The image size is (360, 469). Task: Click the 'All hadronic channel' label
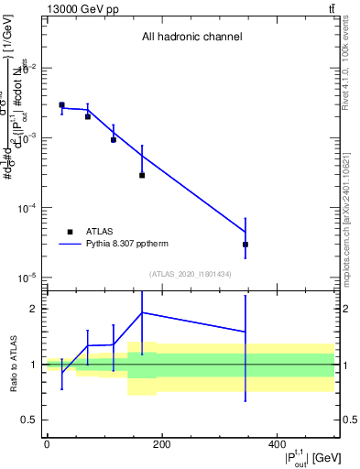191,38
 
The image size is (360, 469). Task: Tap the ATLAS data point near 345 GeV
245,245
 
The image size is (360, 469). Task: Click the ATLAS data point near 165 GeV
142,175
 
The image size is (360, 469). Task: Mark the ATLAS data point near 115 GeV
114,139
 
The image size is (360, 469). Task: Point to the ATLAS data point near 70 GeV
88,116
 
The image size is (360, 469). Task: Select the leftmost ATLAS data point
61,105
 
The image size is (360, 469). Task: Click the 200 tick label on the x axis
161,444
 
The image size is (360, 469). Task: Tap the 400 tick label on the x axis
276,444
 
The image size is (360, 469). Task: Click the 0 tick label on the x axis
47,444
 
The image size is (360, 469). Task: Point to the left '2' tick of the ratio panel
34,309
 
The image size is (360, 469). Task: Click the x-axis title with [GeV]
300,456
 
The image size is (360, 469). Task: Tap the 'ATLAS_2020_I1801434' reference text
190,274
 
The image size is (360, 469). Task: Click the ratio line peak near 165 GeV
142,312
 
